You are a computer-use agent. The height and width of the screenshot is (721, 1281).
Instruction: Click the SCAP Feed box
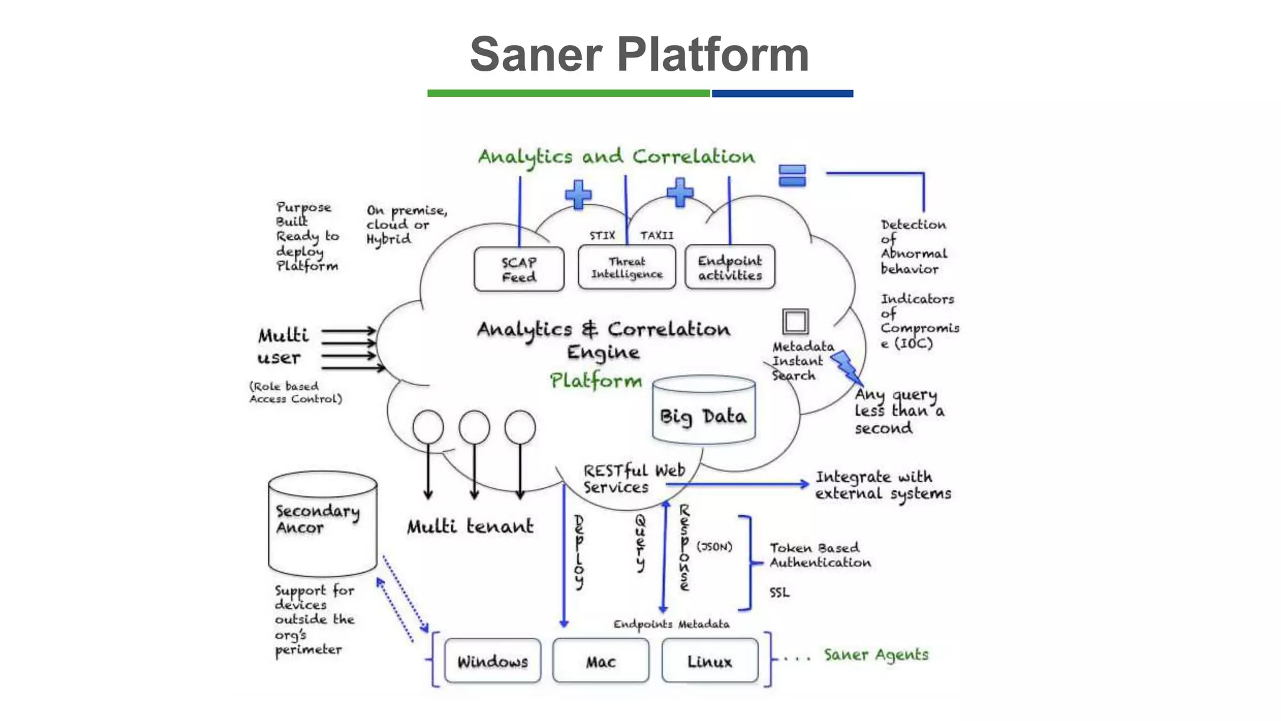point(519,269)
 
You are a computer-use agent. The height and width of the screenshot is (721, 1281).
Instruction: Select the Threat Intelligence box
point(627,267)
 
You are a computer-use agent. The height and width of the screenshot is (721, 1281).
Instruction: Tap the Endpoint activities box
point(729,267)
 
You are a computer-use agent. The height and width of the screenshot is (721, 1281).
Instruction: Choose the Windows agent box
point(492,661)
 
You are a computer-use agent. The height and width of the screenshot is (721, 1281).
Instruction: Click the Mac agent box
point(600,661)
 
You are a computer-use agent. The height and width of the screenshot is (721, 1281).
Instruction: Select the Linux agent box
point(709,661)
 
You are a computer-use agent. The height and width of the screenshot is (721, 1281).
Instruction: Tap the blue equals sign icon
point(792,176)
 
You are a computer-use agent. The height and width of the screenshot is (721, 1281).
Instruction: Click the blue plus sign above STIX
point(578,195)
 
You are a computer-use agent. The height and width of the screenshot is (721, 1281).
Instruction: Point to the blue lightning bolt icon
point(847,367)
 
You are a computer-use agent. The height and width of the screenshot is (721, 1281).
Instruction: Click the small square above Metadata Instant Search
point(795,322)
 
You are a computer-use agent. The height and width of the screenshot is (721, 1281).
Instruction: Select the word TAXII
point(656,235)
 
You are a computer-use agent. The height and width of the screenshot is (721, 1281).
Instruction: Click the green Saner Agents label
point(876,655)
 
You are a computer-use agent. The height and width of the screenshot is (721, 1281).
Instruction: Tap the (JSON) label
point(714,546)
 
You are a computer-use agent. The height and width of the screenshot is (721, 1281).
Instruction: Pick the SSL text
point(779,592)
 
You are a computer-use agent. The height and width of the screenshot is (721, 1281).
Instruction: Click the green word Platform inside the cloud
point(595,381)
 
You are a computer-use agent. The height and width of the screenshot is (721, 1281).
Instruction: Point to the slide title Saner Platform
point(639,54)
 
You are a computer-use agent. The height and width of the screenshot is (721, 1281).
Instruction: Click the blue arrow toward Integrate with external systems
point(738,484)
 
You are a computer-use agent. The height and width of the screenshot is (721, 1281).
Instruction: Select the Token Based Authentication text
point(820,555)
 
